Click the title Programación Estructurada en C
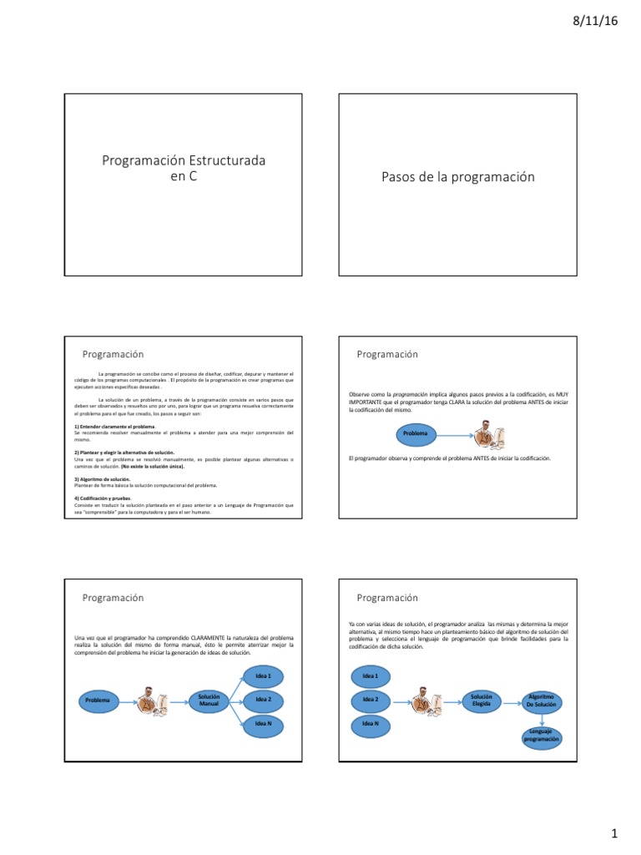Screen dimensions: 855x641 (x=184, y=168)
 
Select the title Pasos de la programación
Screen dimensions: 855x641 (x=457, y=177)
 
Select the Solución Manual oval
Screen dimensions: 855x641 (x=209, y=699)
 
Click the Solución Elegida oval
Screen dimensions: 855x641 (x=481, y=699)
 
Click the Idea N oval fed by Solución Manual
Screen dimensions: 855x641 (x=264, y=723)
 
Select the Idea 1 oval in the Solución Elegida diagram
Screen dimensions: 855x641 (x=371, y=675)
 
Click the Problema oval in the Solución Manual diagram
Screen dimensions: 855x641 (x=97, y=700)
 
